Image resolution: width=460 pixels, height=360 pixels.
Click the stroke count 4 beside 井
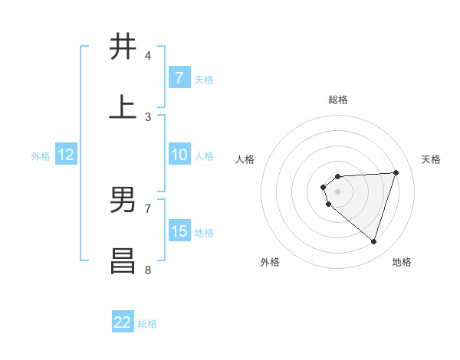(148, 56)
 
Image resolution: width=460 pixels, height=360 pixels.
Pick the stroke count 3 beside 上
(148, 117)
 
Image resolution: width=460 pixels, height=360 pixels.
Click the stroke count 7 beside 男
(148, 208)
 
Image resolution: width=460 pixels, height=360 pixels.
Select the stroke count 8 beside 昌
(148, 270)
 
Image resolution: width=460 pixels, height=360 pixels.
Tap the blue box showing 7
(179, 78)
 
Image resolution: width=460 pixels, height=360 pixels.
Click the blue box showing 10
(179, 155)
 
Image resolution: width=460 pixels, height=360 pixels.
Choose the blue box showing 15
(179, 231)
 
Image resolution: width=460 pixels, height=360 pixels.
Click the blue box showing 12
(66, 155)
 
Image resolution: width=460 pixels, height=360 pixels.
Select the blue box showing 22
(123, 322)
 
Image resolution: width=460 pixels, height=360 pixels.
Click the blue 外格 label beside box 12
(41, 155)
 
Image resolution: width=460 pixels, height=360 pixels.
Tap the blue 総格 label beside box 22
(147, 324)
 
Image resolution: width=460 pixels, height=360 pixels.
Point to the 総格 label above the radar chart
(337, 100)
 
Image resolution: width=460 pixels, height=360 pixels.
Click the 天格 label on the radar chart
(431, 159)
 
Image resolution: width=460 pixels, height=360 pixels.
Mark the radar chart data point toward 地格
(373, 241)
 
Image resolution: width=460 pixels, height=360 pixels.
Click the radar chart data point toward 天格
(396, 172)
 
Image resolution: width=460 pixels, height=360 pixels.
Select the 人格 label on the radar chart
(245, 159)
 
